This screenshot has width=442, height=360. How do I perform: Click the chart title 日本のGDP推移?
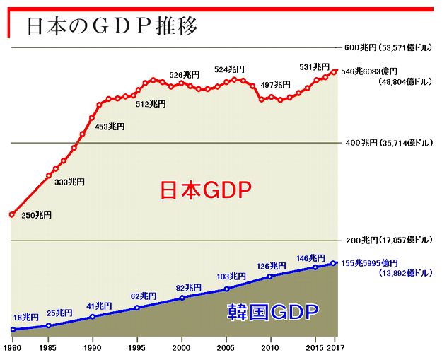coord(111,26)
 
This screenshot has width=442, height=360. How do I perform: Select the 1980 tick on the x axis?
coord(13,349)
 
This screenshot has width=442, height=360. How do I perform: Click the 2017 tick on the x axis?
coord(337,349)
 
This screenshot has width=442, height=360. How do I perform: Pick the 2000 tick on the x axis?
coord(182,349)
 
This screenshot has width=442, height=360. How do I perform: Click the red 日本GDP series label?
coord(205,190)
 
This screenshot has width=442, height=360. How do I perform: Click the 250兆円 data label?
coord(36,215)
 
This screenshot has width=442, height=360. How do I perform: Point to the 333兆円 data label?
coord(69,182)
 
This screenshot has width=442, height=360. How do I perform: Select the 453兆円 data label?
coord(110,127)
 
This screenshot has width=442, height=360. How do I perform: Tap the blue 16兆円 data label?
coord(26,318)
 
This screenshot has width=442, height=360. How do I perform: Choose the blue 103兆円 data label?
coord(231,276)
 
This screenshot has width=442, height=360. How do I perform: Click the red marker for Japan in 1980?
coord(12,214)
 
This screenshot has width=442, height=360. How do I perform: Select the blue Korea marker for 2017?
coord(335,263)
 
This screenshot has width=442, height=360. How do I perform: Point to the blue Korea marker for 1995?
coord(137,308)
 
